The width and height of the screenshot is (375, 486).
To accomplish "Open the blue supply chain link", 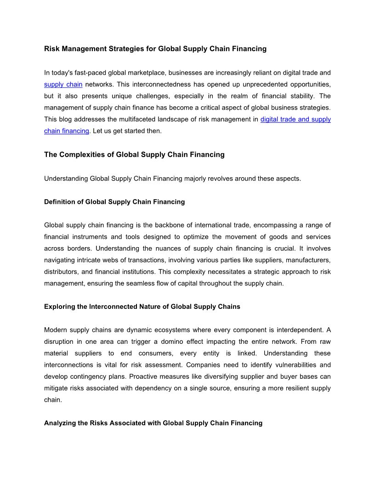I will [63, 85].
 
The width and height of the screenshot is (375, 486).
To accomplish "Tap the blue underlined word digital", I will [270, 119].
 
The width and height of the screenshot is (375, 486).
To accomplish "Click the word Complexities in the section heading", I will [80, 155].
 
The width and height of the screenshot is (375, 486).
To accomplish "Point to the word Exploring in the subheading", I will [59, 307].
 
